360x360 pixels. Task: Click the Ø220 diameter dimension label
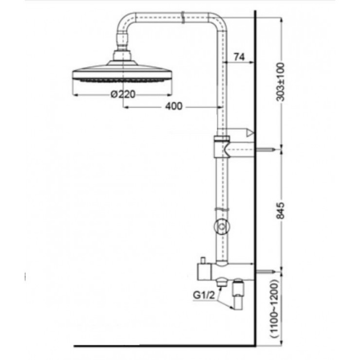click(x=123, y=94)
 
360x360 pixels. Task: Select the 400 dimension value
click(x=174, y=106)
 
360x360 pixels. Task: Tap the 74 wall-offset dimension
click(x=239, y=57)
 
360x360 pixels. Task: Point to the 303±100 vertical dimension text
click(x=280, y=82)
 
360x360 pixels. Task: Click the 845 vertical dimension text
click(x=280, y=211)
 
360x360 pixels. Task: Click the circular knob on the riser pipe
click(x=221, y=227)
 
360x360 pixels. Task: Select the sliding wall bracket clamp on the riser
click(x=222, y=147)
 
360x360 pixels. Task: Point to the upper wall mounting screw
click(x=265, y=150)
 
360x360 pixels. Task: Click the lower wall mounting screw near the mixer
click(x=265, y=272)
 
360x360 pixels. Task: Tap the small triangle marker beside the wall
click(x=250, y=133)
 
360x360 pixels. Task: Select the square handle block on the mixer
click(x=203, y=272)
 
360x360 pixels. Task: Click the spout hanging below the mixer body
click(x=238, y=294)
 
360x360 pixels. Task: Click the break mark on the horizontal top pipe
click(x=183, y=17)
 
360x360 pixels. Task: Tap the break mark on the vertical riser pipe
click(x=222, y=209)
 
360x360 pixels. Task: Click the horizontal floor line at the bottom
click(x=164, y=346)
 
